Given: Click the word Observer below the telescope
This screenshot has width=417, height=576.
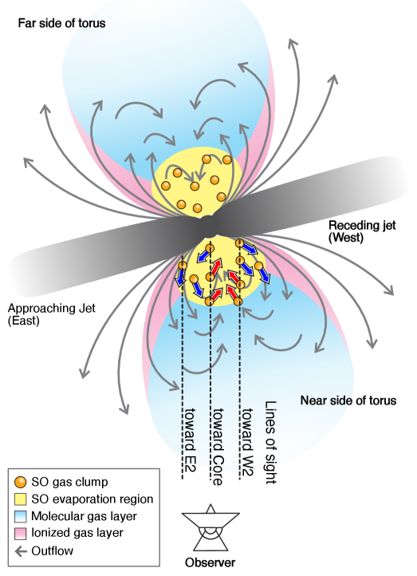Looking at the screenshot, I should coord(210,562).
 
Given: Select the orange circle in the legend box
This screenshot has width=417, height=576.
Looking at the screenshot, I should coord(21,482).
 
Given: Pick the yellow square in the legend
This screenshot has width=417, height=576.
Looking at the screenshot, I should coord(21,499).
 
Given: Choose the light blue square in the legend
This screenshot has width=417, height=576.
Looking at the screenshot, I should coord(21,516).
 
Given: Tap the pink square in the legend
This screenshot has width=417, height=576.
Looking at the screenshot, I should coord(21,533).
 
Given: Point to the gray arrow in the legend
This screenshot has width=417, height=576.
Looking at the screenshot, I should coord(21,550).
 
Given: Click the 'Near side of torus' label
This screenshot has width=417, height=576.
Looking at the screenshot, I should coord(348,400).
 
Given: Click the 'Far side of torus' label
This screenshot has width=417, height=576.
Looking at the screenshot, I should coord(61,23).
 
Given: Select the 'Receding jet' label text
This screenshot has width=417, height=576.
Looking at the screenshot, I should coord(362,225).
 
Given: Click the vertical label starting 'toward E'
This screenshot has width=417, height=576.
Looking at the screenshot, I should coord(190,435).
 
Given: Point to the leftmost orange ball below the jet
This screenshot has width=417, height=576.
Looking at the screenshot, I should coord(182,266).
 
